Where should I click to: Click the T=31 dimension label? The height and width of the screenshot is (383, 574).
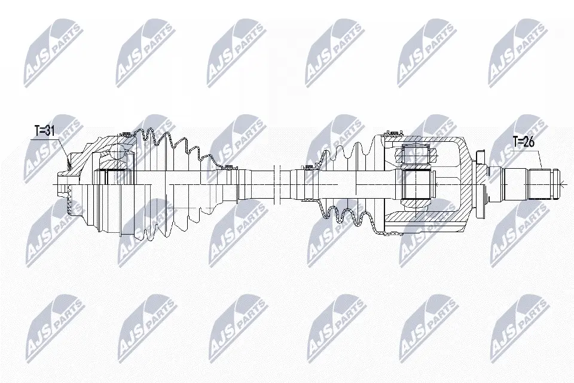coord(45,131)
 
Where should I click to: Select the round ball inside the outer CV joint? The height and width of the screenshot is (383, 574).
coord(118,152)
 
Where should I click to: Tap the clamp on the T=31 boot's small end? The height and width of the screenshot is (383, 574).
coord(230,168)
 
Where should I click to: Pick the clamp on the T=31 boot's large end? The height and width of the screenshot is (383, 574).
coord(126,133)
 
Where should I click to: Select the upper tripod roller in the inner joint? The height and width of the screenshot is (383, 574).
coord(417,154)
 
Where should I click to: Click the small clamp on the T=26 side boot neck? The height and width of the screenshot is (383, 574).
coord(309,168)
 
